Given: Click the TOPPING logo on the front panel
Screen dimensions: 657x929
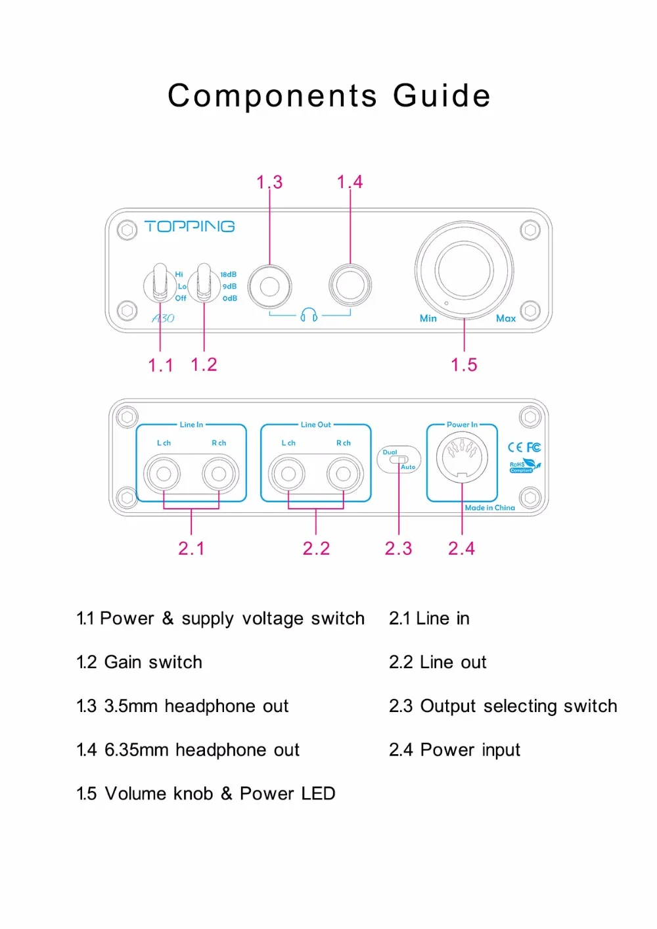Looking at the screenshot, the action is [189, 226].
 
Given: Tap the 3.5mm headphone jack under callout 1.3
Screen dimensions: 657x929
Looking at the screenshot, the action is [270, 286].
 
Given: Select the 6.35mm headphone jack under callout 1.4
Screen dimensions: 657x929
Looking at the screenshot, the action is [350, 285].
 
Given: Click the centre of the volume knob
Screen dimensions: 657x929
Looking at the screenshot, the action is [464, 270].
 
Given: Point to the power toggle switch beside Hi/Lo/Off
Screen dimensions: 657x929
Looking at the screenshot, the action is [160, 282].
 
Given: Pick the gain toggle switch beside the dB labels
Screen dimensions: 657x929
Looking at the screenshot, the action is [204, 283].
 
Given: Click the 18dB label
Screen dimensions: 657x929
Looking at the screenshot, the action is [229, 274].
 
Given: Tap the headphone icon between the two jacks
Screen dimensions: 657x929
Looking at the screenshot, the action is [309, 315].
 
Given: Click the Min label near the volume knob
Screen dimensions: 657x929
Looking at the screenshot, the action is [428, 318].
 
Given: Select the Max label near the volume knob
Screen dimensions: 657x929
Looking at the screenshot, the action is [506, 318].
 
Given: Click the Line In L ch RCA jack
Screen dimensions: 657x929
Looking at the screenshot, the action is [164, 473].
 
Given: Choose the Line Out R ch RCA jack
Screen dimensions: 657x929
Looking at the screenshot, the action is [343, 473].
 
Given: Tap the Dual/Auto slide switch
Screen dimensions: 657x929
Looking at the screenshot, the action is [399, 460].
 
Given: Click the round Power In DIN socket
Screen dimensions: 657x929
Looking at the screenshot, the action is [462, 457].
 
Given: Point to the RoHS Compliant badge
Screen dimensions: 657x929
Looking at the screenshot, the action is [525, 465].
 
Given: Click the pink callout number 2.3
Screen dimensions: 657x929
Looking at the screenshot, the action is [398, 548].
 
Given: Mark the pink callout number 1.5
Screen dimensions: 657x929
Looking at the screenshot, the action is [464, 365].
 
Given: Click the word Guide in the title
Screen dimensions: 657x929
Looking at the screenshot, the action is [442, 95].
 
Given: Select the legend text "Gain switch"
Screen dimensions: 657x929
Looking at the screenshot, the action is [153, 663].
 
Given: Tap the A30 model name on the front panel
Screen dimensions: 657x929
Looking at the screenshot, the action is [163, 318].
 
